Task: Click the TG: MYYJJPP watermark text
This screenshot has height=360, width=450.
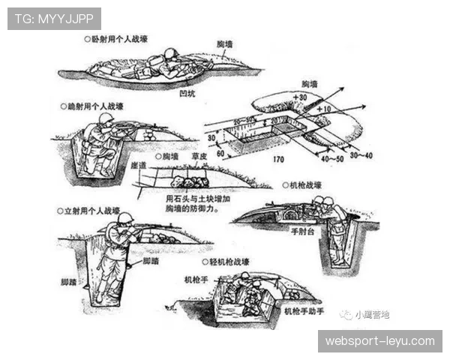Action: [x=54, y=19]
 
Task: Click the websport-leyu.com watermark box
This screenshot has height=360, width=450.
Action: [x=380, y=341]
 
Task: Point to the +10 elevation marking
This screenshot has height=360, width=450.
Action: [x=323, y=109]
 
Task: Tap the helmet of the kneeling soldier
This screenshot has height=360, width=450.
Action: [x=105, y=120]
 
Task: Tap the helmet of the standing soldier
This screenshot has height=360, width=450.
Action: [x=125, y=218]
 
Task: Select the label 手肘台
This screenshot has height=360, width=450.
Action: [x=301, y=232]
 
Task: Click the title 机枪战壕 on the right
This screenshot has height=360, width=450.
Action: [x=305, y=185]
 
